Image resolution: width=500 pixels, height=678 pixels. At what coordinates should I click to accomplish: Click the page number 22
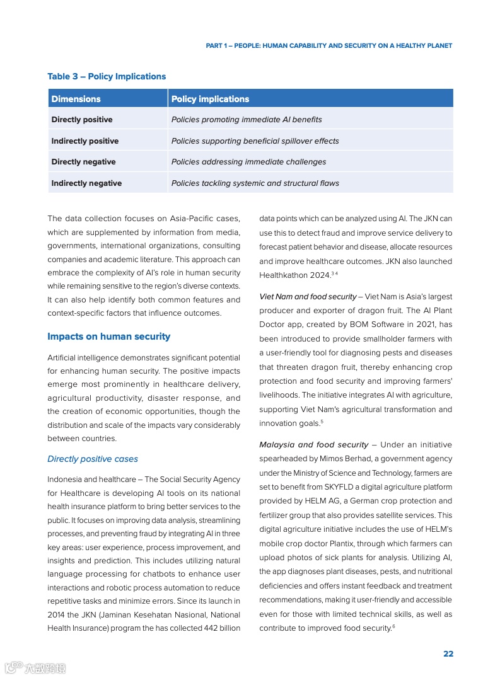pos(448,653)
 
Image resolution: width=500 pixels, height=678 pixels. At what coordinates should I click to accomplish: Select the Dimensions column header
pos(76,99)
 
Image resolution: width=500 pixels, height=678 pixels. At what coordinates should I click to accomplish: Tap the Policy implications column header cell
pos(210,99)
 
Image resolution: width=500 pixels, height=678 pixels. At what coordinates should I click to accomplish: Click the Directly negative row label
pos(83,162)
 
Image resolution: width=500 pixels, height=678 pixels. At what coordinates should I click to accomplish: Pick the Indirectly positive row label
pos(84,141)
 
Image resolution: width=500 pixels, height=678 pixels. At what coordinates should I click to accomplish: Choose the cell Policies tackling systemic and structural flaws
pos(255,183)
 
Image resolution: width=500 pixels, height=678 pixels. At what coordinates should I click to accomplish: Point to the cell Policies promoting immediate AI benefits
pos(246,120)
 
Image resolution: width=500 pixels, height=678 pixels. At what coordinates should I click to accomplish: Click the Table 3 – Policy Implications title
pos(107,76)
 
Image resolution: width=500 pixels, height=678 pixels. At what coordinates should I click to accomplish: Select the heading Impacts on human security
pos(108,336)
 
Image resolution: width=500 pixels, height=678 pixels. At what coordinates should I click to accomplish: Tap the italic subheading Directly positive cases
pos(92,459)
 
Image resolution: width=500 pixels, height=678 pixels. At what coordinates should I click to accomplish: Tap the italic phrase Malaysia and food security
pos(313,445)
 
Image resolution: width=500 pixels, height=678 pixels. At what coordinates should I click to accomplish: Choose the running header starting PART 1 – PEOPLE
pos(328,46)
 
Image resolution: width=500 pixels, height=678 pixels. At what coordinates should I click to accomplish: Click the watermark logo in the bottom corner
pos(35,668)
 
